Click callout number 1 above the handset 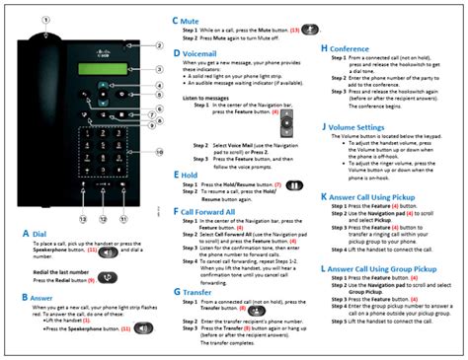[x=44, y=20]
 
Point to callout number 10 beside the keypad [x=158, y=152]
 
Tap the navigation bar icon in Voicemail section [x=286, y=123]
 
